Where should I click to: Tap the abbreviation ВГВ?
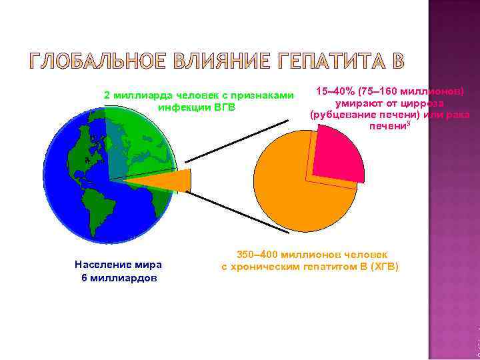pos(225,107)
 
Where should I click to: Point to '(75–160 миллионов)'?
pos(411,91)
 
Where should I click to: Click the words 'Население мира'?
pos(118,265)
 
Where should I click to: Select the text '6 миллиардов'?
pos(118,277)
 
